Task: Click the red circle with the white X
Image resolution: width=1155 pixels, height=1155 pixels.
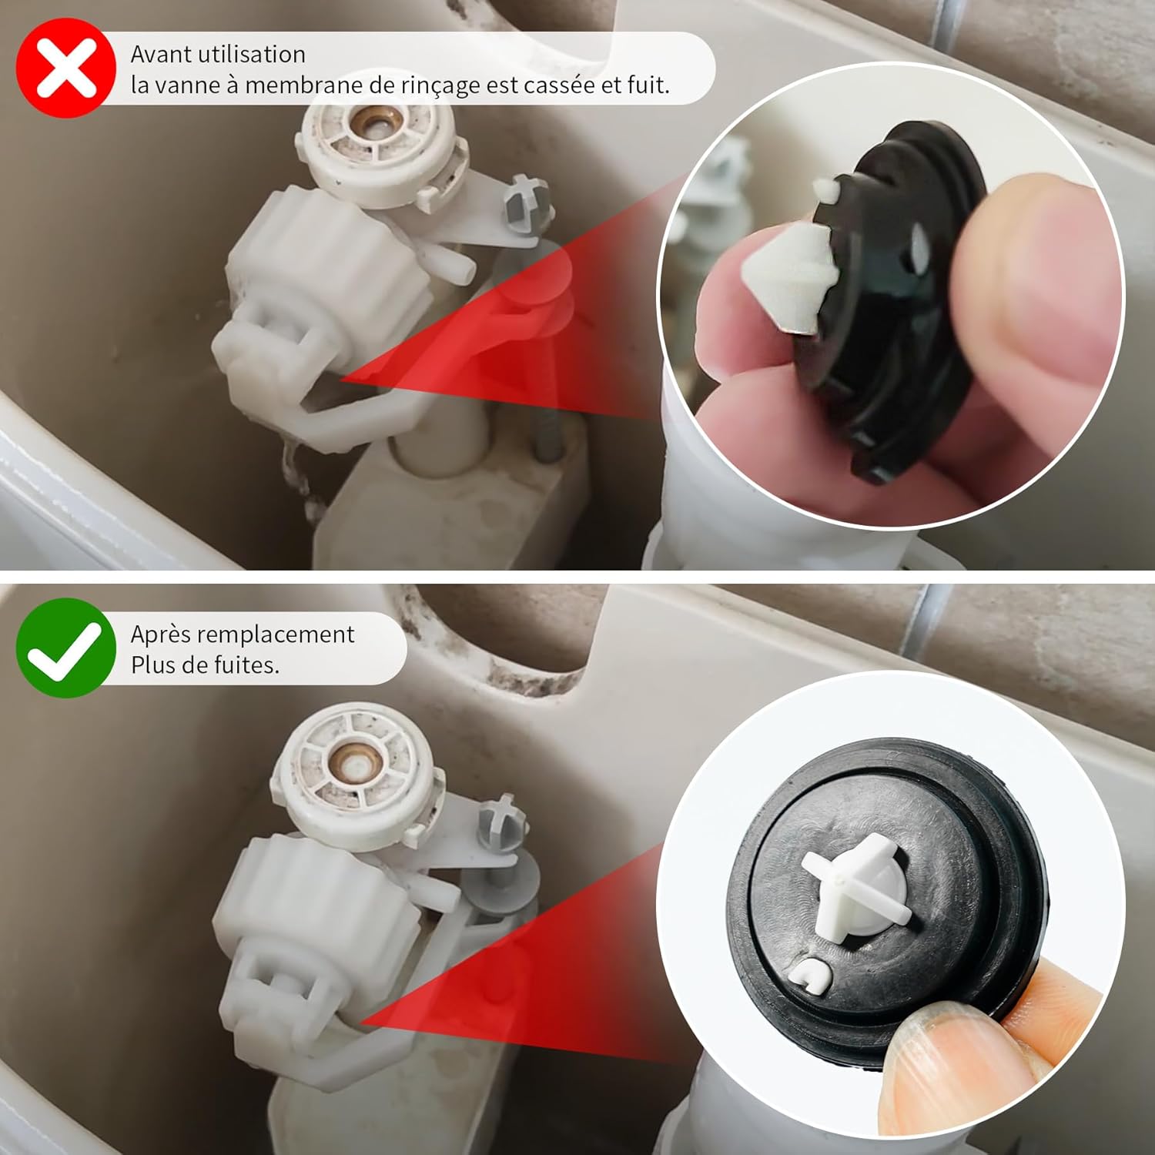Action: click(66, 68)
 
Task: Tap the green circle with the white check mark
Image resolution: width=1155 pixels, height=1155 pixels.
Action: click(66, 648)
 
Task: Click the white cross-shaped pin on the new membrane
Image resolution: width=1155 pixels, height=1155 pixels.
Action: click(857, 884)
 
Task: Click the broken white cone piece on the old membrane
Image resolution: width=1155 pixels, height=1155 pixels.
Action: click(786, 273)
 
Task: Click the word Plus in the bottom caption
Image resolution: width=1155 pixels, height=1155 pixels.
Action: click(154, 665)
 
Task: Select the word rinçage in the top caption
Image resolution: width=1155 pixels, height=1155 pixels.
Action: click(437, 86)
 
